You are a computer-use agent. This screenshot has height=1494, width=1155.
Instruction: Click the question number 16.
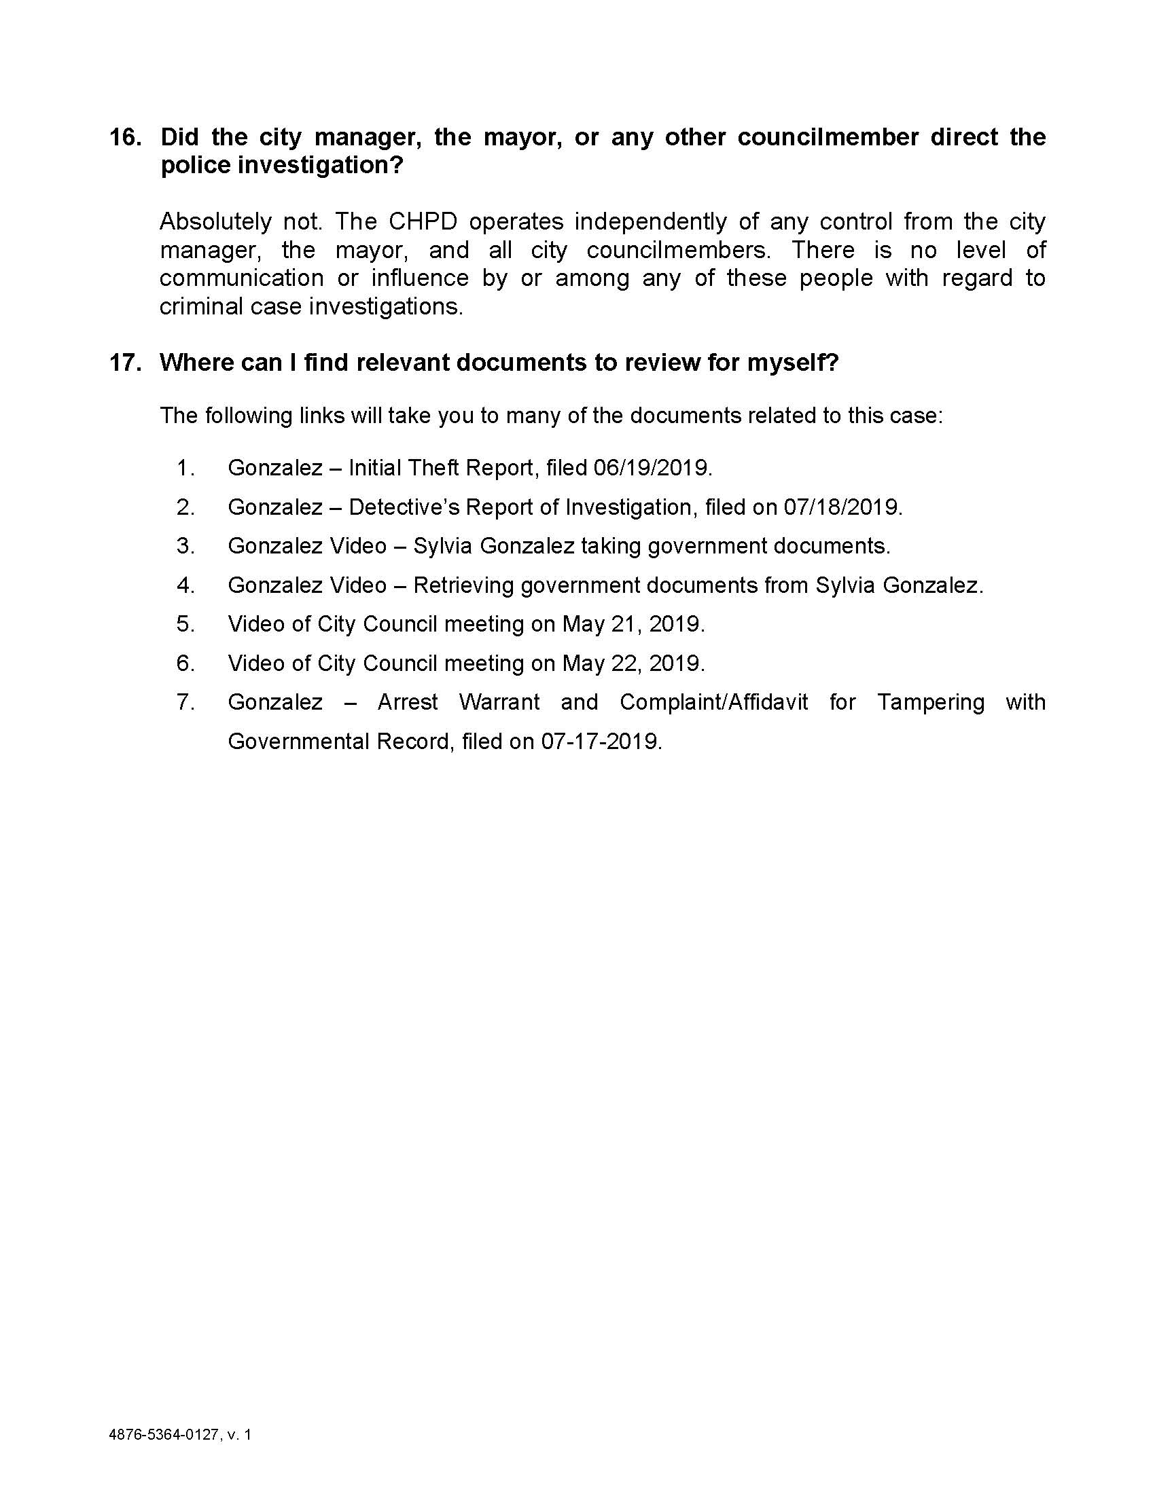point(125,137)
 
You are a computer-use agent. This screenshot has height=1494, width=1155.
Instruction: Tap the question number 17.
point(125,363)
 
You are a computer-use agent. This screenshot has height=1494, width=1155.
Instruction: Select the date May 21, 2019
point(633,624)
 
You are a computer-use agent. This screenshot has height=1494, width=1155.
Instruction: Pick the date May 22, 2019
point(633,663)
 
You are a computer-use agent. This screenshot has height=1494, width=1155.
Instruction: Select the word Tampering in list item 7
point(931,703)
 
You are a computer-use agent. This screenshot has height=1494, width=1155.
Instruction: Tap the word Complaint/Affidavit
point(713,703)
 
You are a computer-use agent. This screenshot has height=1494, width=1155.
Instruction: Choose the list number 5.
point(185,624)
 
